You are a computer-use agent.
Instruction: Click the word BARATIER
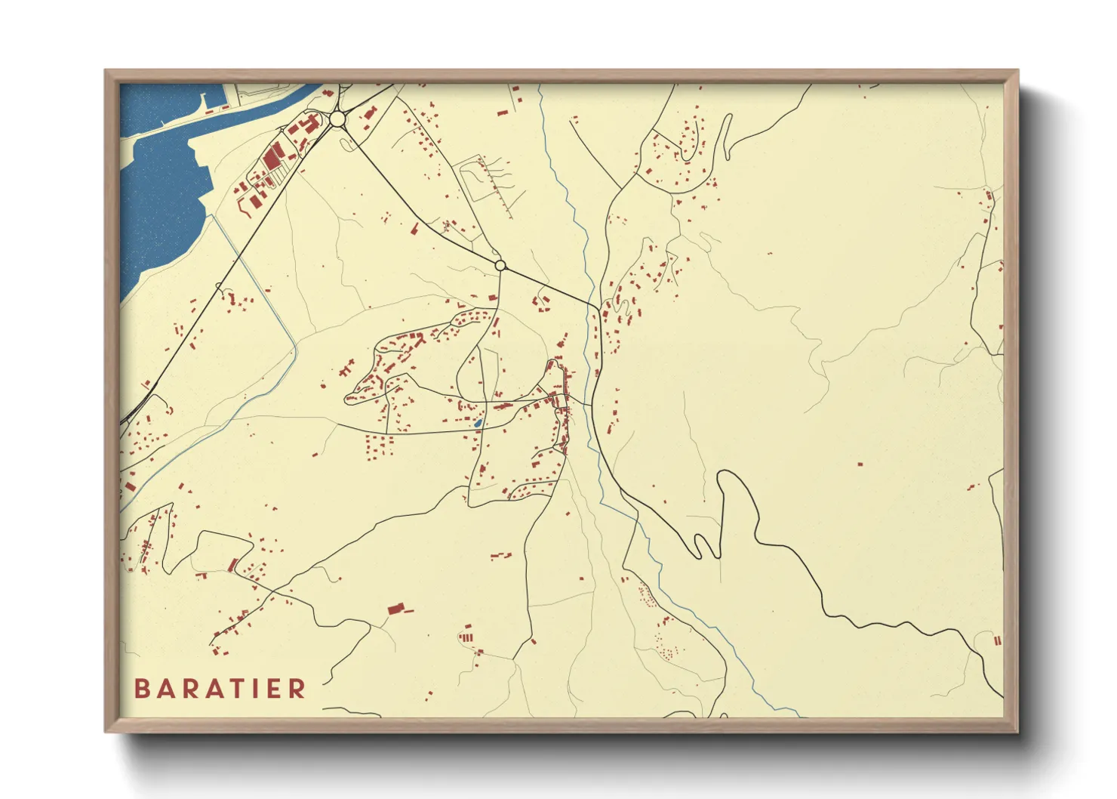coord(220,688)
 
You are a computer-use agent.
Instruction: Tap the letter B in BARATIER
coord(141,688)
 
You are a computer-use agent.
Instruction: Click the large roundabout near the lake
coord(337,119)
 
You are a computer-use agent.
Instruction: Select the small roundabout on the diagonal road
coord(500,265)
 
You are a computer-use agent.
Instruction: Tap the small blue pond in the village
coord(478,423)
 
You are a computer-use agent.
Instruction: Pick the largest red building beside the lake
coord(272,158)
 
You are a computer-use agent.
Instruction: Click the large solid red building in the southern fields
coord(395,608)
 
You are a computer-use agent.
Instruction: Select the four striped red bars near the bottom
coord(466,637)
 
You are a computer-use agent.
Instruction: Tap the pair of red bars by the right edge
coord(997,641)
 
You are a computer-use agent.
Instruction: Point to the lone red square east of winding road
coord(860,464)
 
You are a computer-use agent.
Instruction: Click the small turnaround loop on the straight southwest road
coord(219,285)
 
